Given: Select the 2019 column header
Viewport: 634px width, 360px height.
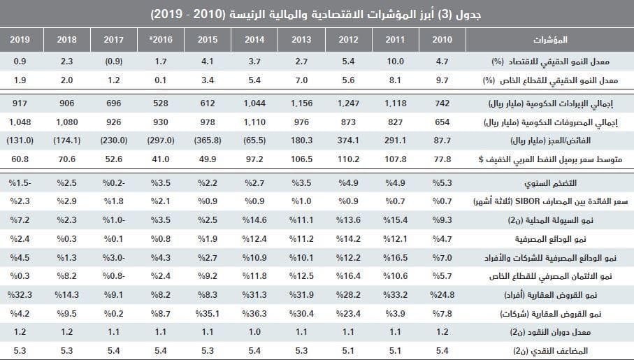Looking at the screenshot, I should click(x=20, y=38).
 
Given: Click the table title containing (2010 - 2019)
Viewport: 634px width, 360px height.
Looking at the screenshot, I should click(x=317, y=13).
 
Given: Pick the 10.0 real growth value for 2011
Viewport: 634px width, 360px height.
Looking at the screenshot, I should click(x=396, y=62).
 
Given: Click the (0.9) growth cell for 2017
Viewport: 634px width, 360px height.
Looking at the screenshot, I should click(x=113, y=62).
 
